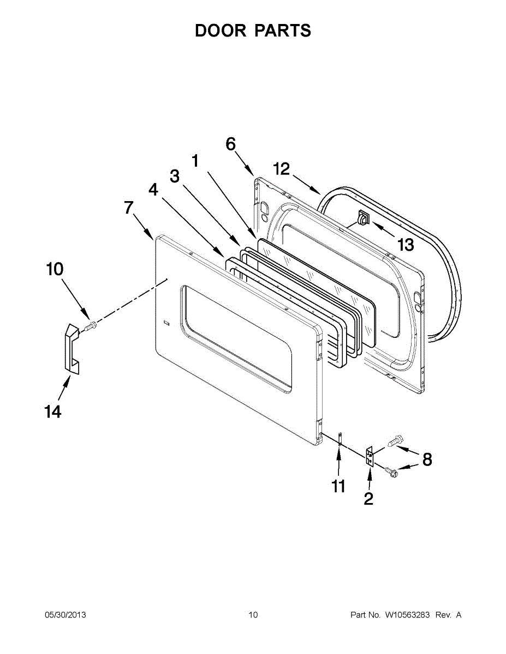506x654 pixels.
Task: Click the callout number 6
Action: point(230,144)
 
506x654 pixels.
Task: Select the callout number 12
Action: point(281,169)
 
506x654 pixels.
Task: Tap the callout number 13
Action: point(406,245)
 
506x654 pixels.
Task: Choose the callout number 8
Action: point(427,459)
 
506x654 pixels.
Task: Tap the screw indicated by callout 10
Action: point(90,326)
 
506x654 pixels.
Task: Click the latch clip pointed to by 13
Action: point(362,217)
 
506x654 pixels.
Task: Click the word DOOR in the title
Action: point(221,31)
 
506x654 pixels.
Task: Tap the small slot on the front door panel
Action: point(166,324)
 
